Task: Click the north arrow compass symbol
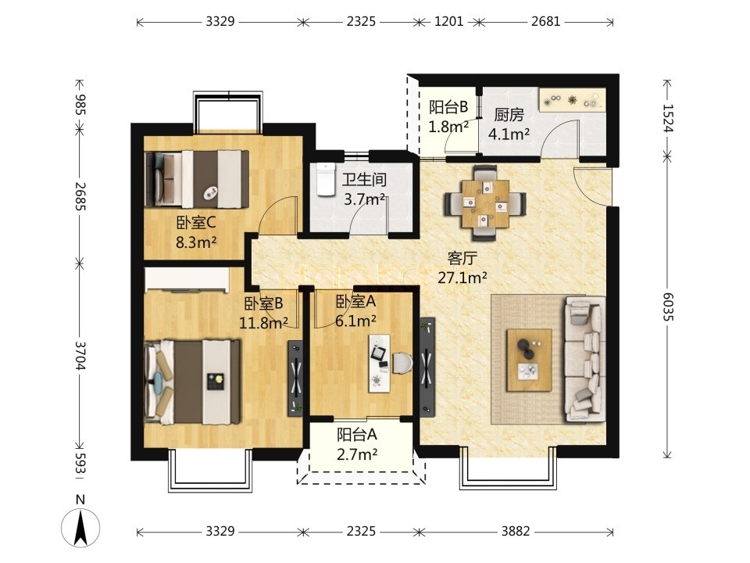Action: tap(80, 526)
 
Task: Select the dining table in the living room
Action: tap(485, 203)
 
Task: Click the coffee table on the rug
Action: tap(530, 360)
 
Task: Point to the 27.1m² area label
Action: tap(462, 277)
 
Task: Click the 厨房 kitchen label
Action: tap(509, 115)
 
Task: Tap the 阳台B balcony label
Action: tap(448, 107)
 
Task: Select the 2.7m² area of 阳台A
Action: tap(357, 454)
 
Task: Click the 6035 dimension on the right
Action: tap(668, 306)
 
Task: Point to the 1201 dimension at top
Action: tap(448, 22)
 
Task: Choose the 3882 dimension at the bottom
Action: tap(516, 532)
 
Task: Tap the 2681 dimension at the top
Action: tap(546, 22)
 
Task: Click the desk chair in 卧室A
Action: tap(403, 362)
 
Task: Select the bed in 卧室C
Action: tap(197, 179)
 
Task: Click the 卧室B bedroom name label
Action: tap(264, 303)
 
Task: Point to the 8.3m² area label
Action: tap(196, 242)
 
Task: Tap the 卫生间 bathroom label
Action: tap(364, 180)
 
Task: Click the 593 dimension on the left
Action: tap(80, 464)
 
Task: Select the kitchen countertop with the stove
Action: tap(572, 100)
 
